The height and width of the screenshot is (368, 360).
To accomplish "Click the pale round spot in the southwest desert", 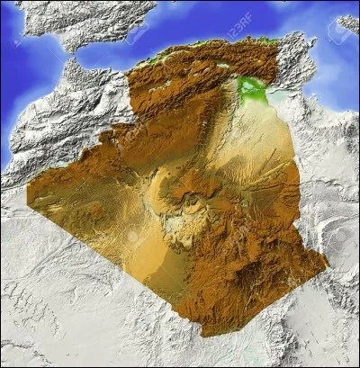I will click(x=133, y=236).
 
